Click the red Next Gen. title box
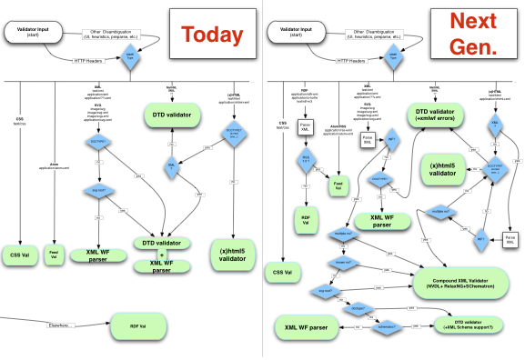[475, 35]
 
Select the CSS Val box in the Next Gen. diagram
[282, 271]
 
